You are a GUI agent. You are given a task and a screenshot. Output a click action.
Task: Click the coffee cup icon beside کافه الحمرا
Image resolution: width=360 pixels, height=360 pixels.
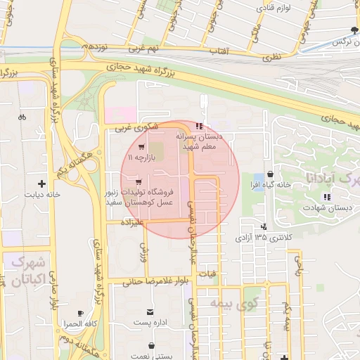pos(80,313)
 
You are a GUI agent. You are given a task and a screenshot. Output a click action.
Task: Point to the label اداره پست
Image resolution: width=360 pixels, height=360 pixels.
pos(149,323)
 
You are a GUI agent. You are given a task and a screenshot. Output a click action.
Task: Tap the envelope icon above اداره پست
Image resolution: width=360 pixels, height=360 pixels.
pos(149,311)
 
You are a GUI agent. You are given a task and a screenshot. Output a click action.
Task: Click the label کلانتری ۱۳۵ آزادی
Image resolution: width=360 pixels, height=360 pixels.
pos(263,238)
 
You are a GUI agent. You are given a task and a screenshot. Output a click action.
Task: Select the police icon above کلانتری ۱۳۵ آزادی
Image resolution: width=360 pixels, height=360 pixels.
pos(264,226)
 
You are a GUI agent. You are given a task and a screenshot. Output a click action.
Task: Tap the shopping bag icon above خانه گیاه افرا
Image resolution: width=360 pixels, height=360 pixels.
pos(271,174)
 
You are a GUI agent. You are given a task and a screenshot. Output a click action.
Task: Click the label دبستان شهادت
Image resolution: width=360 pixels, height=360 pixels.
pos(325,207)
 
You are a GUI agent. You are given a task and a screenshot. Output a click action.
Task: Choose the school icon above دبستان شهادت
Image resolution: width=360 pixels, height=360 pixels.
pos(325,196)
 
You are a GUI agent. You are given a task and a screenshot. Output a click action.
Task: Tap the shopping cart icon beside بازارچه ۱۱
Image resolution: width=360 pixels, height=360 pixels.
pos(143,148)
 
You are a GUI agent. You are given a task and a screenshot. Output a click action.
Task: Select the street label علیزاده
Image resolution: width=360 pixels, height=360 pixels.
pos(132,221)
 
